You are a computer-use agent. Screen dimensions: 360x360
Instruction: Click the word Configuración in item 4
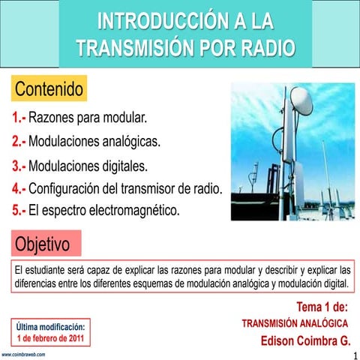tap(73, 188)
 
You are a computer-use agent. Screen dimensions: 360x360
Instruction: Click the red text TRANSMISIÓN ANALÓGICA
tap(295, 322)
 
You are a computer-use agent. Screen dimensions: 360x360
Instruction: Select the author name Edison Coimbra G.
tap(305, 340)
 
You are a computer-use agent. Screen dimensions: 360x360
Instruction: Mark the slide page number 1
tap(353, 353)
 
